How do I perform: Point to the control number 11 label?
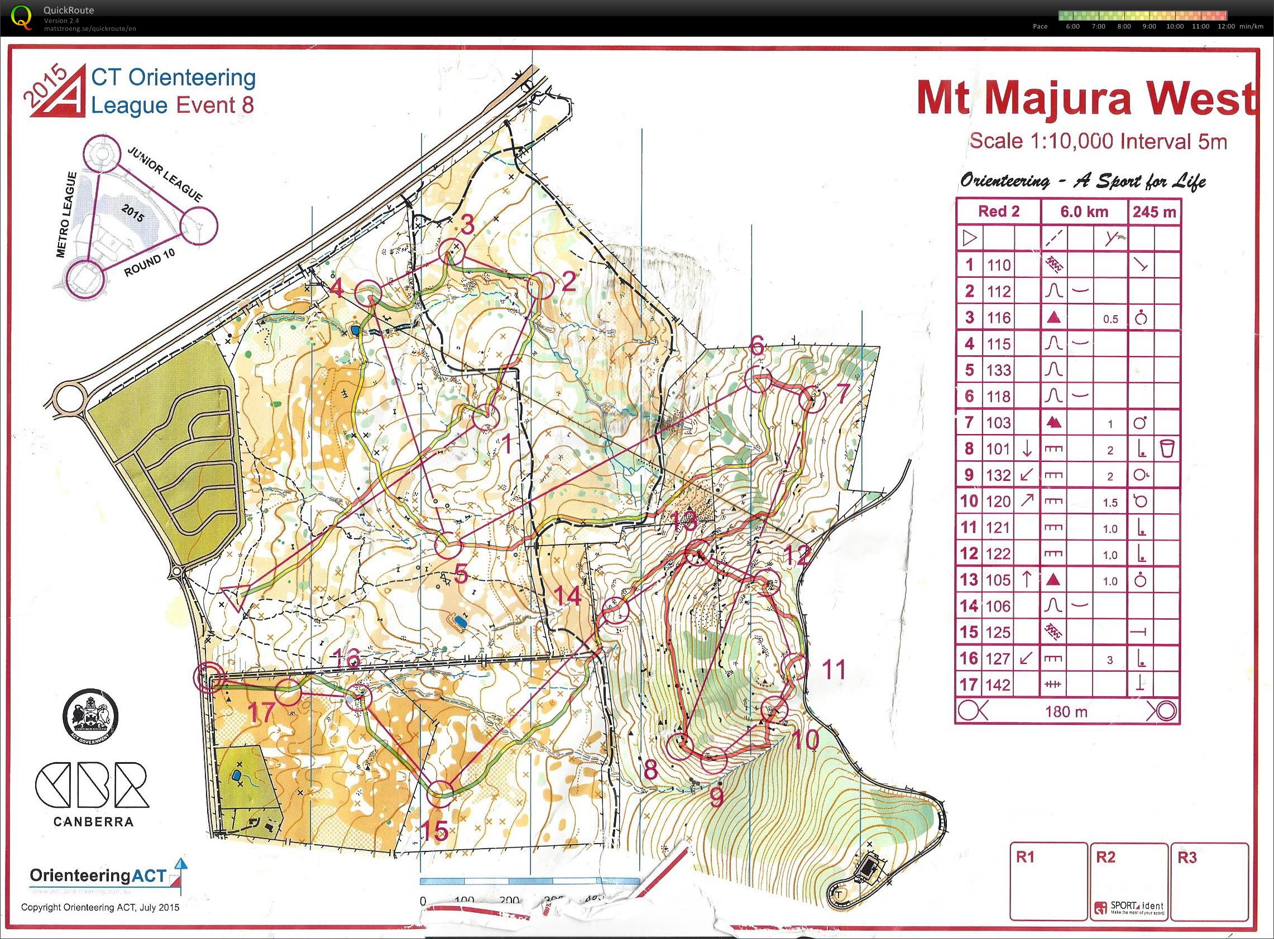tap(835, 670)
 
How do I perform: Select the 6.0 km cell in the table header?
tap(1084, 212)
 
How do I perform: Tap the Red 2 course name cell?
tap(999, 212)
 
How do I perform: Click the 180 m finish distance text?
tap(1066, 711)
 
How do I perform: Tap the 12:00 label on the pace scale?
tap(1226, 27)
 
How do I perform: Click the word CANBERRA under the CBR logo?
tap(94, 821)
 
